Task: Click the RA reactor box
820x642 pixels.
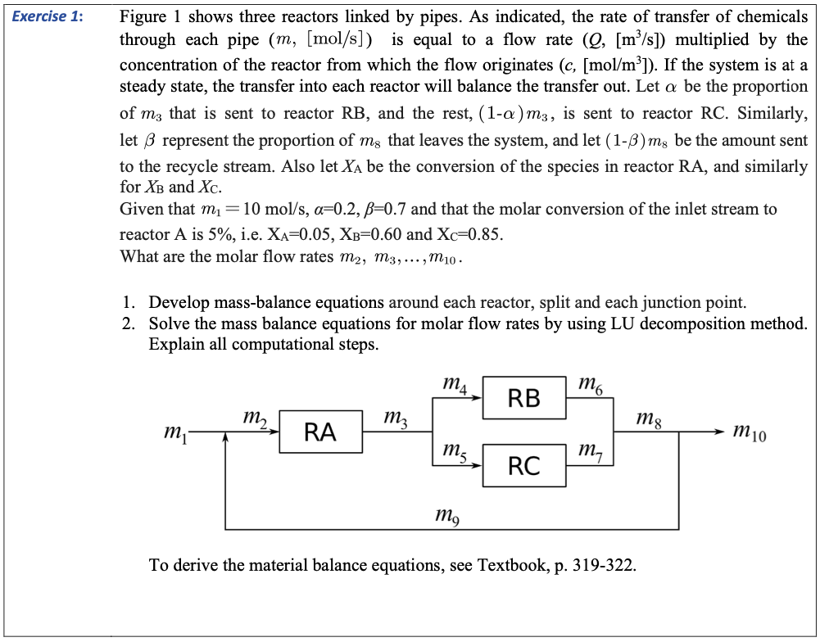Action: [x=319, y=432]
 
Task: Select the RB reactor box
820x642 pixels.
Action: [x=523, y=398]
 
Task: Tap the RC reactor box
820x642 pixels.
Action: [x=523, y=465]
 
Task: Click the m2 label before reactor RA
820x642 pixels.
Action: [x=256, y=419]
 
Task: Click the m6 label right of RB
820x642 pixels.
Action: [x=590, y=384]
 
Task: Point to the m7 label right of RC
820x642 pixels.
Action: [x=590, y=451]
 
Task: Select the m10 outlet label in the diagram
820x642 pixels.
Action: [x=750, y=432]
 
